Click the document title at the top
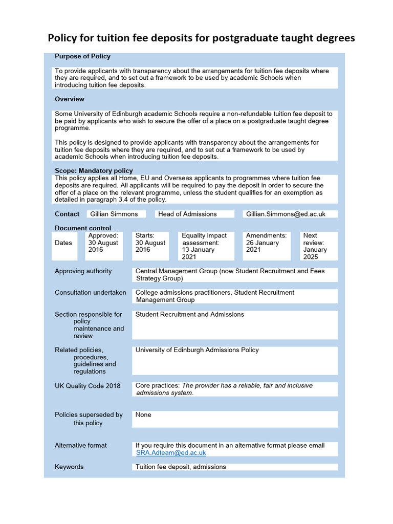coord(201,38)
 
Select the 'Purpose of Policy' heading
coord(82,56)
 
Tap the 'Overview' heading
coord(70,99)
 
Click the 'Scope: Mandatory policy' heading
coord(94,170)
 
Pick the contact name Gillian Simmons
coord(114,214)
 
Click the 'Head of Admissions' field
coord(187,214)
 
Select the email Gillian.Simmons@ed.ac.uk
coord(286,214)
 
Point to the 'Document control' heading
coord(83,228)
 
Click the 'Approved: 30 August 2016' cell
coord(103,243)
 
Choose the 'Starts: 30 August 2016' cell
coord(150,243)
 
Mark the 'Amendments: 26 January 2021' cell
coord(266,243)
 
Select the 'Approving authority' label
coord(83,271)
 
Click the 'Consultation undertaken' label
coord(91,292)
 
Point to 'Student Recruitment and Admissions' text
coord(189,314)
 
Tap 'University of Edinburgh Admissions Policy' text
coord(197,350)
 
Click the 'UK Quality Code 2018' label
coord(88,385)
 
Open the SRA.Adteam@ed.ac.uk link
coord(171,452)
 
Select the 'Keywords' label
coord(69,467)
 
